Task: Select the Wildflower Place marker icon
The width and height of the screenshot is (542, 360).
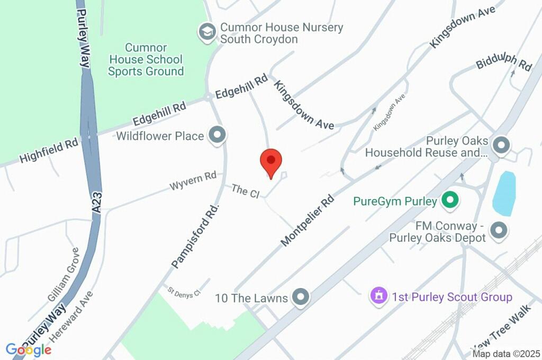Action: point(217,136)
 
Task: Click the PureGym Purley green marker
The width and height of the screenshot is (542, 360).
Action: point(450,201)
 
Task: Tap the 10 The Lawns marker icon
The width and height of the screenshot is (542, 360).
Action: point(301,298)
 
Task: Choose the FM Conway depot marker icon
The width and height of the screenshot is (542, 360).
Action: point(498,230)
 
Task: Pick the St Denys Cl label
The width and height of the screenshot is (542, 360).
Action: point(184,292)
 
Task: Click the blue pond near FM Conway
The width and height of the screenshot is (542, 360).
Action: point(504,193)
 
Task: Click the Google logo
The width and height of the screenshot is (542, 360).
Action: point(29,349)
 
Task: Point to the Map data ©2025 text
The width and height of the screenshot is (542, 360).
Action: point(505,354)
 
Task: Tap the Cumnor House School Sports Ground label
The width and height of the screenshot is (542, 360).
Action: point(146,59)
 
